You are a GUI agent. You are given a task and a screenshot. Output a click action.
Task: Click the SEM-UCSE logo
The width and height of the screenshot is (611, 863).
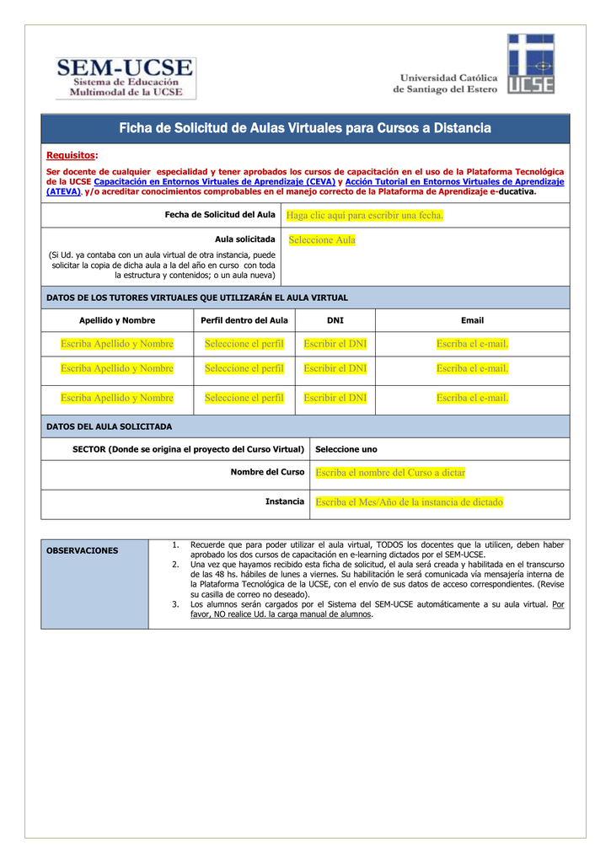(126, 78)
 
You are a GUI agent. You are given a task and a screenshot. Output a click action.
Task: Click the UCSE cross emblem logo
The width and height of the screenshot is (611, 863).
(530, 64)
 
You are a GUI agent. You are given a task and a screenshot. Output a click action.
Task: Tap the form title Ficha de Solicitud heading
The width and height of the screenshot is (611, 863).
(305, 128)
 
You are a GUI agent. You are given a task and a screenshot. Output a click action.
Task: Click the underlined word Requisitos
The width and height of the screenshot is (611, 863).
(71, 155)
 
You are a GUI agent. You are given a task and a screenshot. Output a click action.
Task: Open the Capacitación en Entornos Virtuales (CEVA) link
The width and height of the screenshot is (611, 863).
(214, 181)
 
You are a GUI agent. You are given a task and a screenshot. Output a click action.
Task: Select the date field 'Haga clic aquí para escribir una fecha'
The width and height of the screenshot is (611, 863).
(365, 216)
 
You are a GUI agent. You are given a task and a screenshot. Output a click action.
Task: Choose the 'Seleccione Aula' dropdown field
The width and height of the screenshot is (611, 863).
(322, 240)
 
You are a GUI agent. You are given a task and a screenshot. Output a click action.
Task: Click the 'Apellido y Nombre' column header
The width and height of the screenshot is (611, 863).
(117, 320)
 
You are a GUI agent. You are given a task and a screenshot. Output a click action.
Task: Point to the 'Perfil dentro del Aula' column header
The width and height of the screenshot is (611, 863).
(244, 320)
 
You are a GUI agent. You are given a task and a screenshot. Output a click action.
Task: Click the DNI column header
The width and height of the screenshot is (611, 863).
(335, 320)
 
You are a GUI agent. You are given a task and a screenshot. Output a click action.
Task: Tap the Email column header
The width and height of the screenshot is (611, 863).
(472, 320)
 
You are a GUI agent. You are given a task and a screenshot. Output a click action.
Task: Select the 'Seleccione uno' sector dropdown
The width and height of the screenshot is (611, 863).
(346, 449)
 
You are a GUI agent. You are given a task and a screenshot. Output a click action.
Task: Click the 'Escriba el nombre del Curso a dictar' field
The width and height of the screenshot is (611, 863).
(390, 473)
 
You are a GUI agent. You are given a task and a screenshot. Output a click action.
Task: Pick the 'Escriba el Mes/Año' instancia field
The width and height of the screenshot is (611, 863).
(409, 502)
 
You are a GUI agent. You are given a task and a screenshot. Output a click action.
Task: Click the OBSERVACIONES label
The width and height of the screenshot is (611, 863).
(82, 550)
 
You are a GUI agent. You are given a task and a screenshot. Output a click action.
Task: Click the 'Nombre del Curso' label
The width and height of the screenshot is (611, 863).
(267, 472)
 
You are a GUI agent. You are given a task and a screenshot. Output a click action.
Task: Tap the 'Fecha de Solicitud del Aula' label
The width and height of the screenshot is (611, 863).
(219, 215)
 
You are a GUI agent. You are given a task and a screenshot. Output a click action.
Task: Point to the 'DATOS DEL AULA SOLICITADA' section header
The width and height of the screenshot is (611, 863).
(109, 426)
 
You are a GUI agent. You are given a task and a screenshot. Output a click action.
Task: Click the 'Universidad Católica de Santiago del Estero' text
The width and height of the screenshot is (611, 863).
(445, 83)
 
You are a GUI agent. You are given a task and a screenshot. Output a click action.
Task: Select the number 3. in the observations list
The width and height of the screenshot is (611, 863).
(175, 604)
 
